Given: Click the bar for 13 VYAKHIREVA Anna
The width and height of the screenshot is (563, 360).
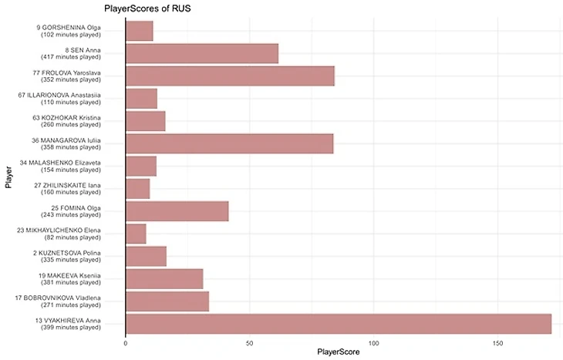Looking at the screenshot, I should pyautogui.click(x=338, y=324).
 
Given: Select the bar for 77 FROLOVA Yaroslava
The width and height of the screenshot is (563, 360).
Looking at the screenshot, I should pyautogui.click(x=230, y=76).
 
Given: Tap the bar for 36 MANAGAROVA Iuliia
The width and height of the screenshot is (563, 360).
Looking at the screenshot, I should pyautogui.click(x=229, y=143).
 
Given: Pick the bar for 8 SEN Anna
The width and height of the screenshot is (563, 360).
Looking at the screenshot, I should pyautogui.click(x=201, y=53).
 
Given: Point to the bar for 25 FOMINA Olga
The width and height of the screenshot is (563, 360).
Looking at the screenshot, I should pyautogui.click(x=177, y=211).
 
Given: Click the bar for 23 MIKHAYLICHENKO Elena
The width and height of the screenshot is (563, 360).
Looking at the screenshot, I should pyautogui.click(x=136, y=234).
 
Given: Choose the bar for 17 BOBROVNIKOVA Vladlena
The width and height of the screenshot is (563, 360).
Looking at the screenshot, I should pyautogui.click(x=167, y=301).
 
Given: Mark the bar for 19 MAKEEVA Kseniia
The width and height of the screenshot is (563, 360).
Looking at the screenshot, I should pyautogui.click(x=164, y=279).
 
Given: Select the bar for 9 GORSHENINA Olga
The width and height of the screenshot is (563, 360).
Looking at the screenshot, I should pyautogui.click(x=139, y=31).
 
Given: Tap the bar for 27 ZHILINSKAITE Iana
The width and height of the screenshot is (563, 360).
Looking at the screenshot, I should pyautogui.click(x=137, y=189).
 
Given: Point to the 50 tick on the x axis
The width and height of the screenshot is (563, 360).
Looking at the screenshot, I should pyautogui.click(x=249, y=343).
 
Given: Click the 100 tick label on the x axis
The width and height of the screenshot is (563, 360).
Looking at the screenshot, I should pyautogui.click(x=374, y=343).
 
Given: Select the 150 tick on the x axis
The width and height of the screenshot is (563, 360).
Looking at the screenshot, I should pyautogui.click(x=498, y=343).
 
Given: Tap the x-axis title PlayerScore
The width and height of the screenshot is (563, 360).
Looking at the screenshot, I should pyautogui.click(x=338, y=353).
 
